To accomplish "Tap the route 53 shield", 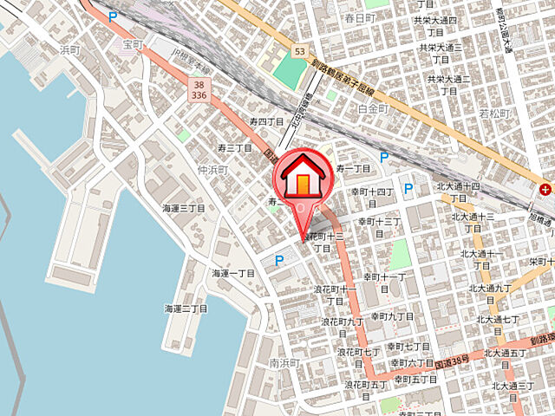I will coord(299,52).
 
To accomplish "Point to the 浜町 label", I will coord(69,50).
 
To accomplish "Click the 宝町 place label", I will coord(132,44).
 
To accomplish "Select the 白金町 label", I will coord(375,108).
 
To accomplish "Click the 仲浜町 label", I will coord(212,170).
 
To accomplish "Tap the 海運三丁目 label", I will coord(184,208).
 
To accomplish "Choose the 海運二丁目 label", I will coord(186,309).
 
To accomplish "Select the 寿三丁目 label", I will coord(233,148).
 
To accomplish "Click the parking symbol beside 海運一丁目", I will coord(278,259).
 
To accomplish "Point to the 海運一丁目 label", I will coord(233,273).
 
